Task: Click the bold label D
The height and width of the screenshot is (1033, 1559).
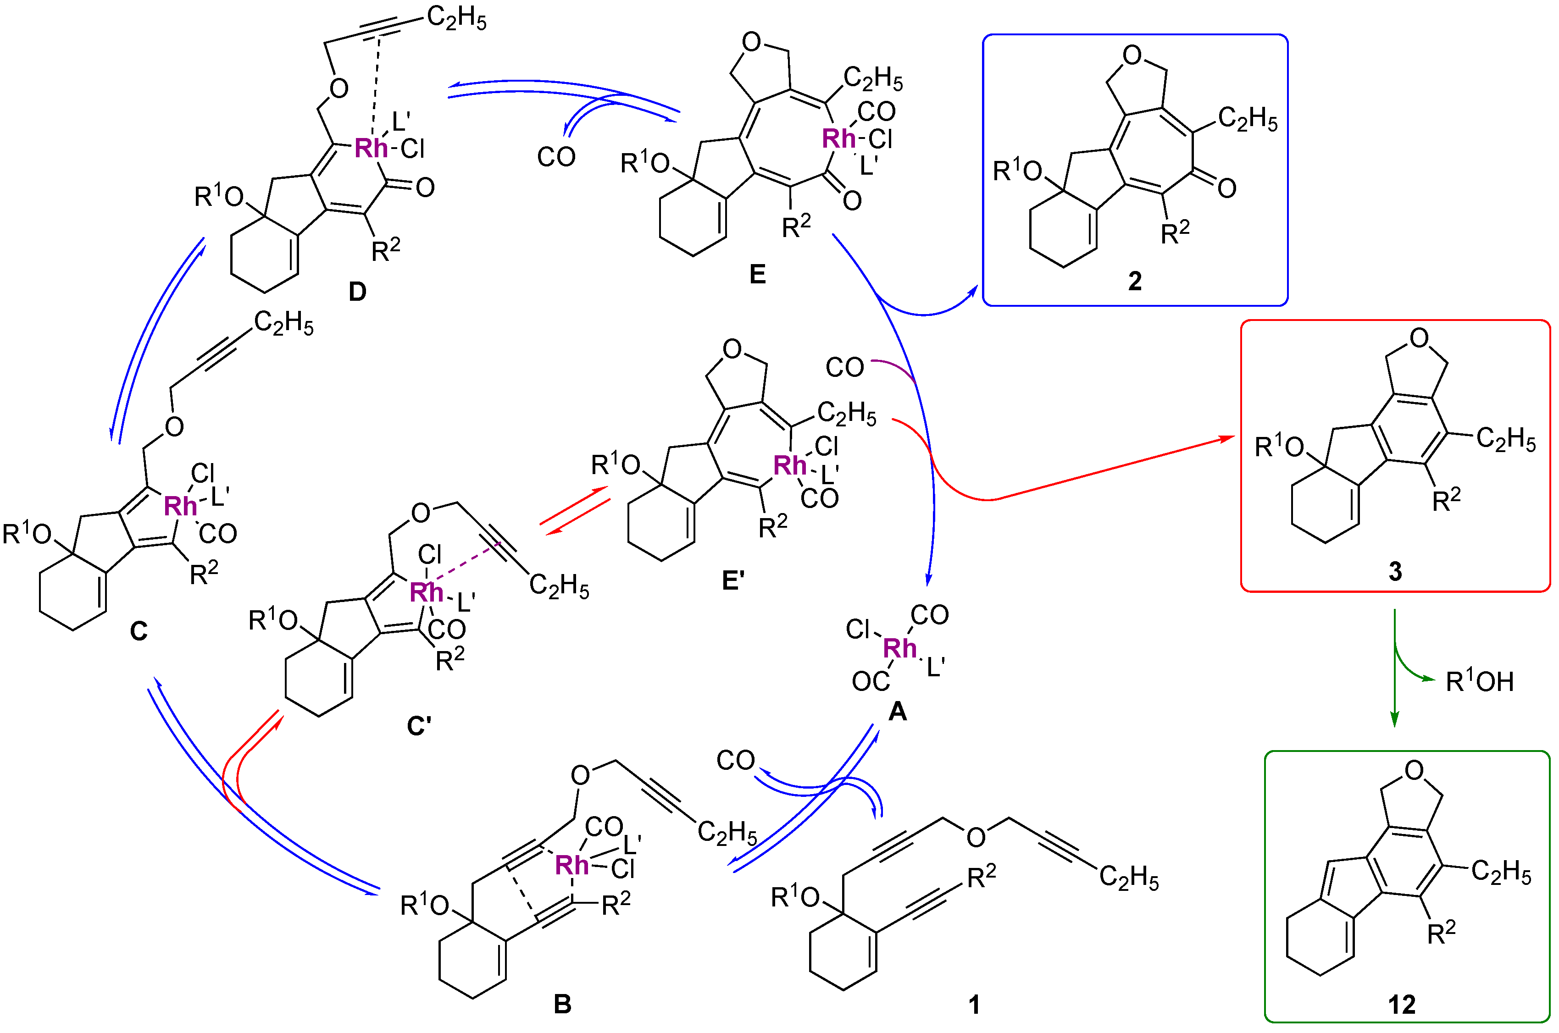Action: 357,291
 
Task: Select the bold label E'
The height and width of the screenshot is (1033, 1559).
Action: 733,580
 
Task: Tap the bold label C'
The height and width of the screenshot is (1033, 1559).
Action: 419,726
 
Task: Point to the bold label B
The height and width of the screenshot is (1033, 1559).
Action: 562,1003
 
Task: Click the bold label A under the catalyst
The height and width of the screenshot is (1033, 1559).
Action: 898,712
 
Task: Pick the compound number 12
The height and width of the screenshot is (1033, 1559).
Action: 1402,1005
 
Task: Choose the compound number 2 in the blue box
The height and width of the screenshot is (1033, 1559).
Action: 1135,282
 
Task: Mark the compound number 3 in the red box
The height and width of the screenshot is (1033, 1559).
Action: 1395,571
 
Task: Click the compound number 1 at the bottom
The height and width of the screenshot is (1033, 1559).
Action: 974,1005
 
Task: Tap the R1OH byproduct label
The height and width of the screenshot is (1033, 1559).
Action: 1479,682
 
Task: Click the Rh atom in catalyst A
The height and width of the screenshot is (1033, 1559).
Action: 900,648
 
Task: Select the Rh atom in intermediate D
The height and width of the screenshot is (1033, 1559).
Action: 371,148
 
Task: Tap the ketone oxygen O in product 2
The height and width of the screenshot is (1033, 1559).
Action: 1226,188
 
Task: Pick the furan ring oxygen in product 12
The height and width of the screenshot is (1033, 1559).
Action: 1414,769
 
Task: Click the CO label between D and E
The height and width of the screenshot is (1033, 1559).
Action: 556,157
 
